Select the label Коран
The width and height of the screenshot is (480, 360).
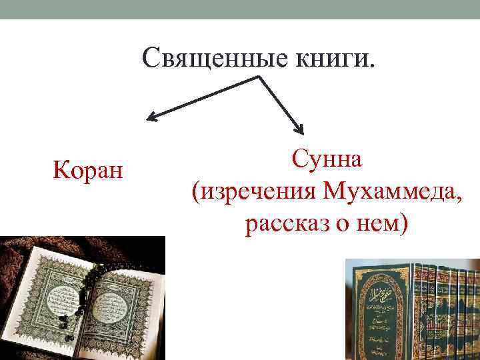pos(87,171)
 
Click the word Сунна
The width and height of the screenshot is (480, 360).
pos(326,160)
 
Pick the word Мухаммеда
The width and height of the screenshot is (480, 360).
pos(387,193)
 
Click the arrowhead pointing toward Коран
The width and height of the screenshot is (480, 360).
pos(152,119)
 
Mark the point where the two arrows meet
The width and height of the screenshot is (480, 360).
pos(259,77)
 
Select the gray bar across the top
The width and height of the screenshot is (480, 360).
pos(240,9)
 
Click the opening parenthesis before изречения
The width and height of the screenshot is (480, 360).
pos(195,194)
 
